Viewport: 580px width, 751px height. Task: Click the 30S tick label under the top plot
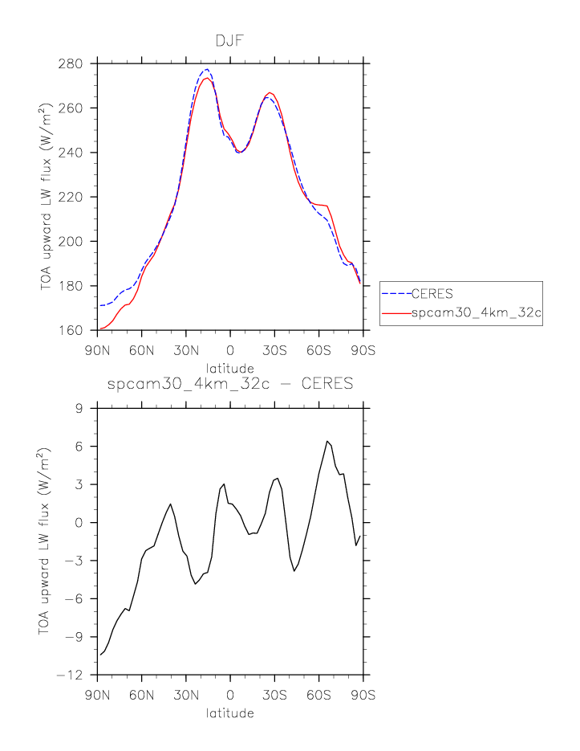[x=274, y=349]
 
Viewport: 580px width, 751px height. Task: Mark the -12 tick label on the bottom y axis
[x=75, y=675]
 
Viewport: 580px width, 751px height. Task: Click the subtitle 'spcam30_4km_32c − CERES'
[x=229, y=383]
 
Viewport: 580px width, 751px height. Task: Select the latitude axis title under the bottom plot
[x=229, y=713]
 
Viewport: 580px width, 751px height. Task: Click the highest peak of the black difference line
[x=327, y=441]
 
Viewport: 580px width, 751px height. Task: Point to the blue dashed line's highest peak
[x=206, y=69]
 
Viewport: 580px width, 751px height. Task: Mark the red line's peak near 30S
[x=270, y=92]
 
